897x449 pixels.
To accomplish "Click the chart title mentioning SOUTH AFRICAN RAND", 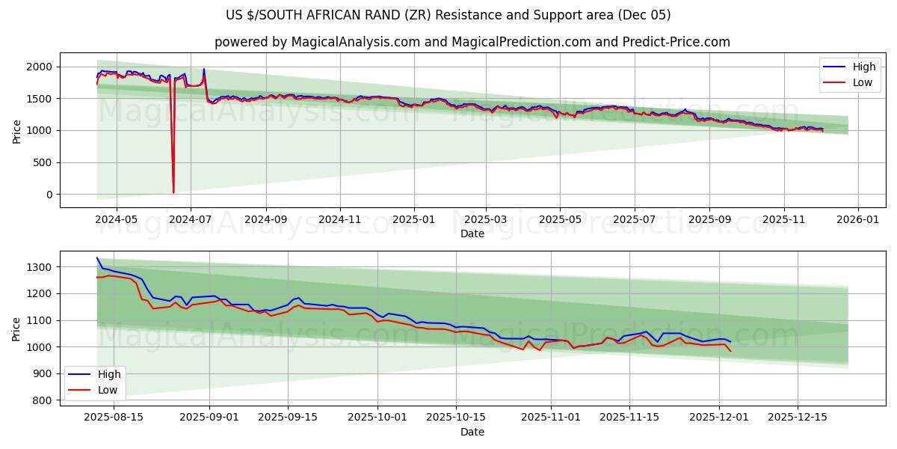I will pyautogui.click(x=449, y=15).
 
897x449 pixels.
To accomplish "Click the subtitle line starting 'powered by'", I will pyautogui.click(x=472, y=42).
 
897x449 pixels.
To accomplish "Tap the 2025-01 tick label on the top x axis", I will pyautogui.click(x=413, y=220).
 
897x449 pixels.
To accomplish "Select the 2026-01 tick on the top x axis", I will pyautogui.click(x=857, y=220).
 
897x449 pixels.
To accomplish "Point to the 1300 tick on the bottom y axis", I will pyautogui.click(x=39, y=267).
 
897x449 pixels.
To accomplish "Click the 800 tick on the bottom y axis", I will pyautogui.click(x=42, y=400).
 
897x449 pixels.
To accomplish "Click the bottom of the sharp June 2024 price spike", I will pyautogui.click(x=173, y=192).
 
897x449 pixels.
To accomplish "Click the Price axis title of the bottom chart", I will pyautogui.click(x=16, y=329).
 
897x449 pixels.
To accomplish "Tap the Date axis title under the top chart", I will pyautogui.click(x=472, y=233).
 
